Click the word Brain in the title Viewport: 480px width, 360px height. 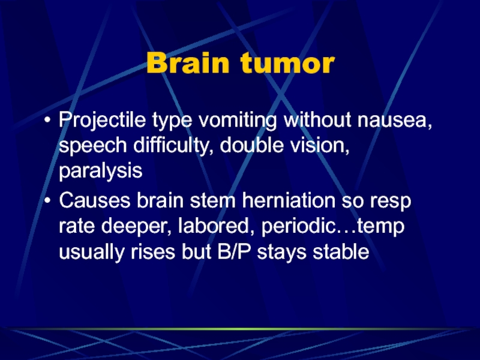point(188,62)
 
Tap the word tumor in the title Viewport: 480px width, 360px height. point(287,62)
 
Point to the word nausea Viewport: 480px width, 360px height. point(395,120)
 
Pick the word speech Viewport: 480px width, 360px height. point(93,146)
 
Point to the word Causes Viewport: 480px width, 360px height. point(95,200)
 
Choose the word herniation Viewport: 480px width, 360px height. point(289,200)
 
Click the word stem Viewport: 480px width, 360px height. point(213,201)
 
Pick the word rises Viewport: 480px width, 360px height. point(153,252)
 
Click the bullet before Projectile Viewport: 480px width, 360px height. point(47,120)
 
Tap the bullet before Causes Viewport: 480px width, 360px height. point(47,201)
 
